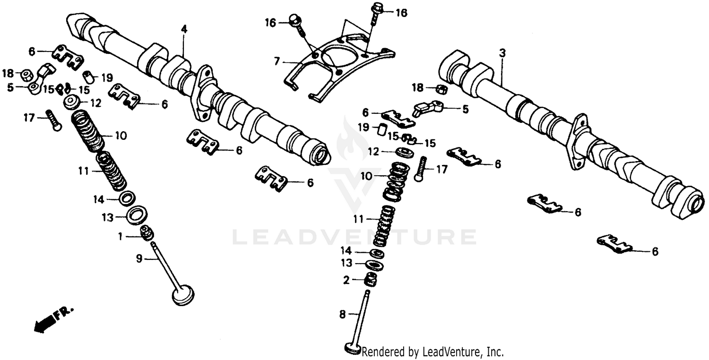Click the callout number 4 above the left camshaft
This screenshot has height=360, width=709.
click(x=184, y=29)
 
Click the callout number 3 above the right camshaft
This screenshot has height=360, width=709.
click(x=502, y=54)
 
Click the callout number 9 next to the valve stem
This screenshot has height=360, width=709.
click(x=139, y=258)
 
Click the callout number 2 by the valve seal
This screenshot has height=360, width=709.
click(x=346, y=280)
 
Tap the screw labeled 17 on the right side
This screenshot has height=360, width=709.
click(x=421, y=169)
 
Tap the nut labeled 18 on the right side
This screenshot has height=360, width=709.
click(x=441, y=89)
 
